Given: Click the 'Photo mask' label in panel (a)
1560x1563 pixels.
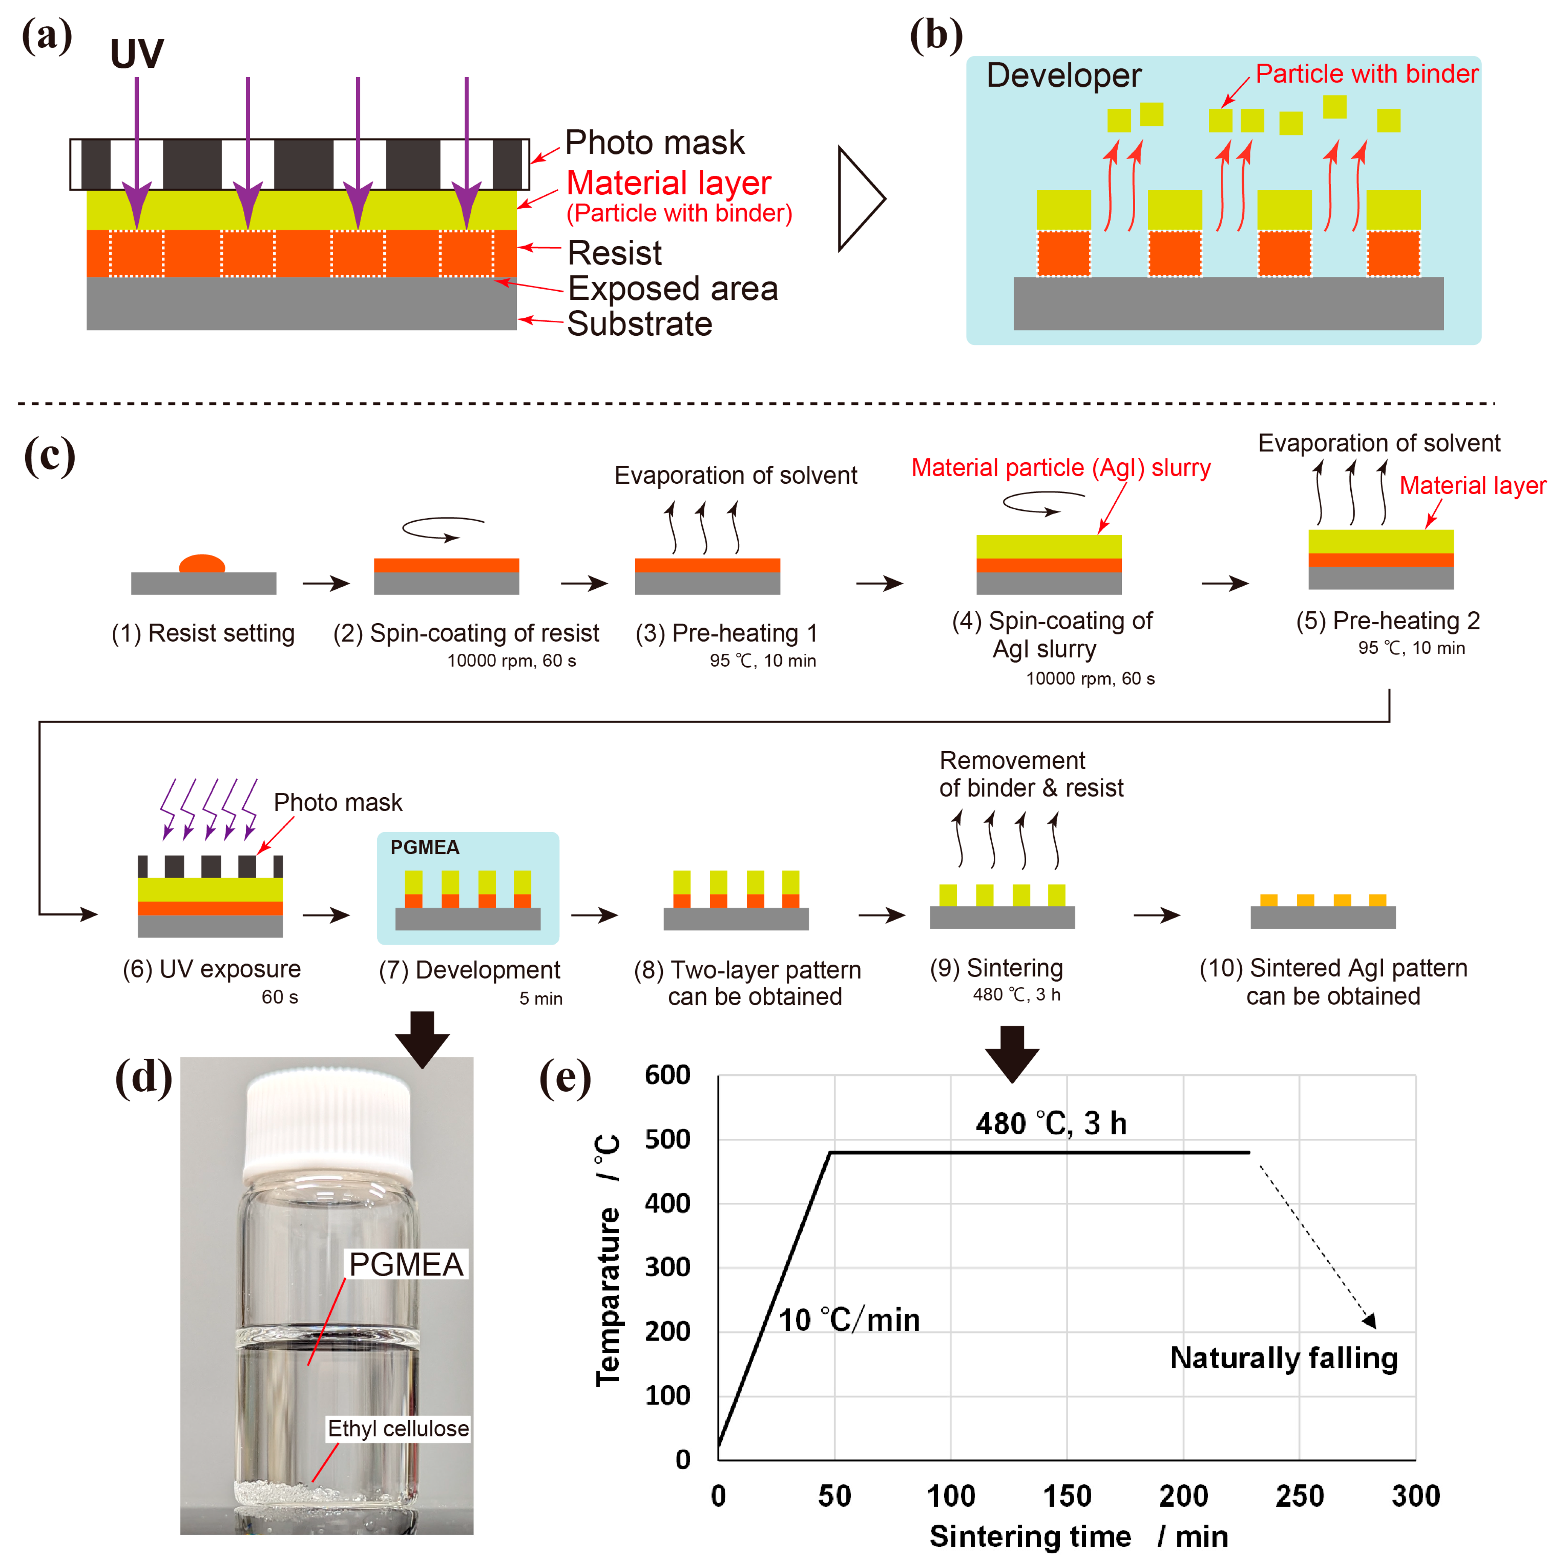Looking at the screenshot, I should (654, 142).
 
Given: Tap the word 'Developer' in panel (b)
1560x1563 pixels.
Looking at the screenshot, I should (1063, 75).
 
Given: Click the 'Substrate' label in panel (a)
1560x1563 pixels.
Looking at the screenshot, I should (639, 323).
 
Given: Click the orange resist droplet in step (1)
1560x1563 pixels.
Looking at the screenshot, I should (202, 564).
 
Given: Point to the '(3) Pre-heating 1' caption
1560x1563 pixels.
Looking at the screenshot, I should (726, 633).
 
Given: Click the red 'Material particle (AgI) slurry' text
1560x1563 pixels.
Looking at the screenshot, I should (1061, 468).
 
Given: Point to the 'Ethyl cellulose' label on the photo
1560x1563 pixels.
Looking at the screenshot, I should (397, 1429).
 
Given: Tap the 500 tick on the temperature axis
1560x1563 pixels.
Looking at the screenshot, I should (667, 1139).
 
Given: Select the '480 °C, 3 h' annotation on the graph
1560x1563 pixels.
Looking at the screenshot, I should (1050, 1123).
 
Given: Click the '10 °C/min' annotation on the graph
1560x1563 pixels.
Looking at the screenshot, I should (849, 1320).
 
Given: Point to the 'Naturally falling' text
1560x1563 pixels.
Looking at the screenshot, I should (1283, 1358).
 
